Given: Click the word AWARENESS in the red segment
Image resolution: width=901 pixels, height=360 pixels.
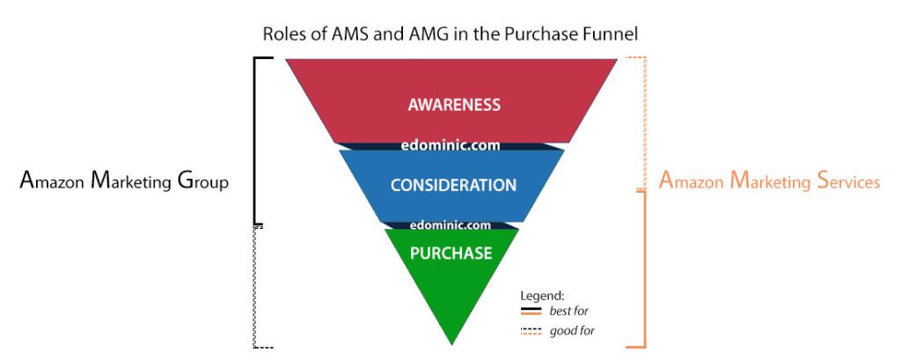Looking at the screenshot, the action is (454, 105).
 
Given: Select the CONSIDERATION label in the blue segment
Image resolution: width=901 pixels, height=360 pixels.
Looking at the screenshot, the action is (453, 185).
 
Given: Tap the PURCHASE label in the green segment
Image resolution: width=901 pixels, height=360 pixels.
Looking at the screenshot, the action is (451, 253).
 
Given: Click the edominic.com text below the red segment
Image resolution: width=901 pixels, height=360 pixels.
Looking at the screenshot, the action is (450, 145).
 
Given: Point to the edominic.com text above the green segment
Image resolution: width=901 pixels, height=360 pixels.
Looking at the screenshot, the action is (450, 224).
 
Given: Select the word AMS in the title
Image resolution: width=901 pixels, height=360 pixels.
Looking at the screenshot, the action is (345, 33).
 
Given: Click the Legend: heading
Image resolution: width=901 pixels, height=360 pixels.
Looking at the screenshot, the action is (542, 296).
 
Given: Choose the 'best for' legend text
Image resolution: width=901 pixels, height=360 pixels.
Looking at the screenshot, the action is (569, 311).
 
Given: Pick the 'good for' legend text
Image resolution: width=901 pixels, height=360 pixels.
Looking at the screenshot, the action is (572, 331).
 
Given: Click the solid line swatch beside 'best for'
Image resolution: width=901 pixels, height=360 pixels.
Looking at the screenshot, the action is (531, 312).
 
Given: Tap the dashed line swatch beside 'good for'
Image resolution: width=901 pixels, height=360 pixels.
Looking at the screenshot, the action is (531, 331).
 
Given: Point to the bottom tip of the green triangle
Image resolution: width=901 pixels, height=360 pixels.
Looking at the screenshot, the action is (451, 344).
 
